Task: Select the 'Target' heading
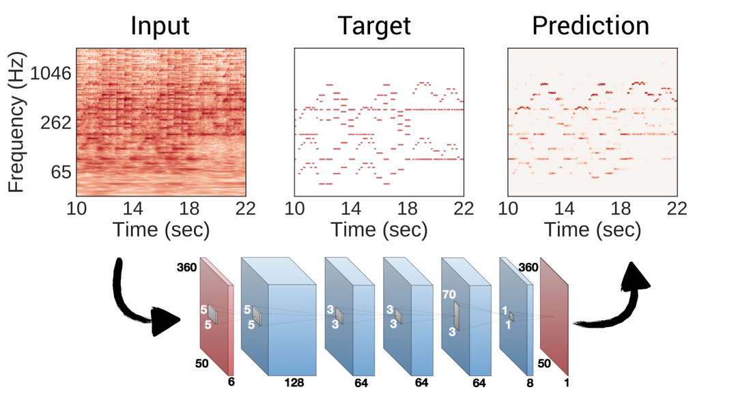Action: pyautogui.click(x=375, y=25)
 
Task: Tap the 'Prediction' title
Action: pyautogui.click(x=591, y=25)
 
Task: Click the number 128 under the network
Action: pyautogui.click(x=294, y=383)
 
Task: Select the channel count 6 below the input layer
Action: pyautogui.click(x=231, y=383)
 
